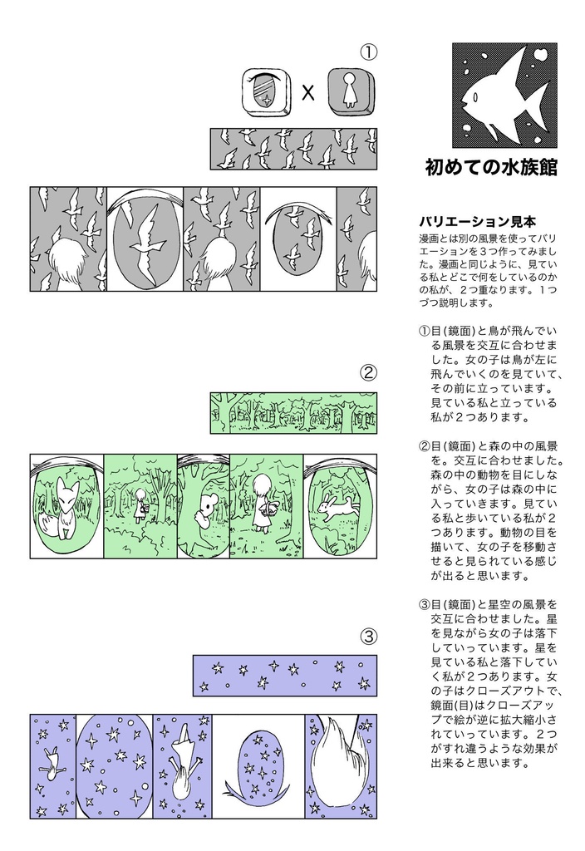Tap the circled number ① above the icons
(x=368, y=52)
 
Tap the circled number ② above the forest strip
(x=368, y=372)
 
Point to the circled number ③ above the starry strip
(x=368, y=637)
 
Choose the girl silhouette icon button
(x=349, y=91)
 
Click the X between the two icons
(x=308, y=92)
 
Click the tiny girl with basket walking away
(x=141, y=504)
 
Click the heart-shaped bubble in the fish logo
(x=539, y=56)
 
